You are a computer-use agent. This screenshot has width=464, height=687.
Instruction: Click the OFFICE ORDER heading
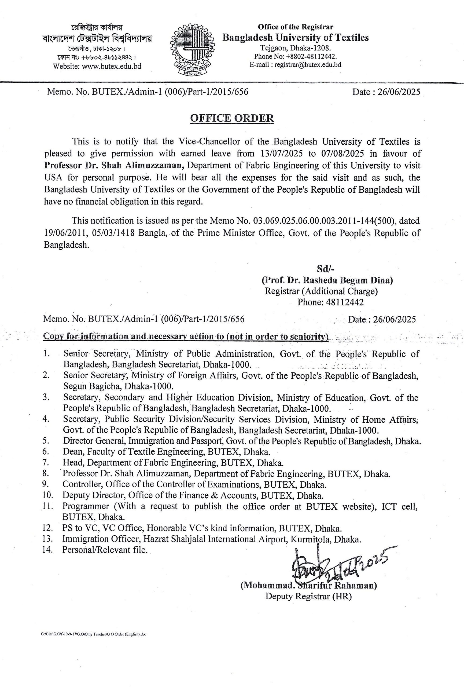pyautogui.click(x=232, y=118)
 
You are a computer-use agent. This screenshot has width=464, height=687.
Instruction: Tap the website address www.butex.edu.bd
pyautogui.click(x=112, y=66)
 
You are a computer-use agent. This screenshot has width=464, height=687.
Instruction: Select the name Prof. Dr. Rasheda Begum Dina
pyautogui.click(x=327, y=280)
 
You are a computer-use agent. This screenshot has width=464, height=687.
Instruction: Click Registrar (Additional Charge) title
pyautogui.click(x=321, y=291)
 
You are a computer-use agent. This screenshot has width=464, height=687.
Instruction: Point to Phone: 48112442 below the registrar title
pyautogui.click(x=330, y=302)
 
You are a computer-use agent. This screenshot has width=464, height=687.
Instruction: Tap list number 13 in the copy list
pyautogui.click(x=47, y=539)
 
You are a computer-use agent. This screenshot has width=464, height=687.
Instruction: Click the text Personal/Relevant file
pyautogui.click(x=105, y=550)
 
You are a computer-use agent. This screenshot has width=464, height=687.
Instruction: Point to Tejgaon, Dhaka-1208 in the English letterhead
pyautogui.click(x=295, y=48)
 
